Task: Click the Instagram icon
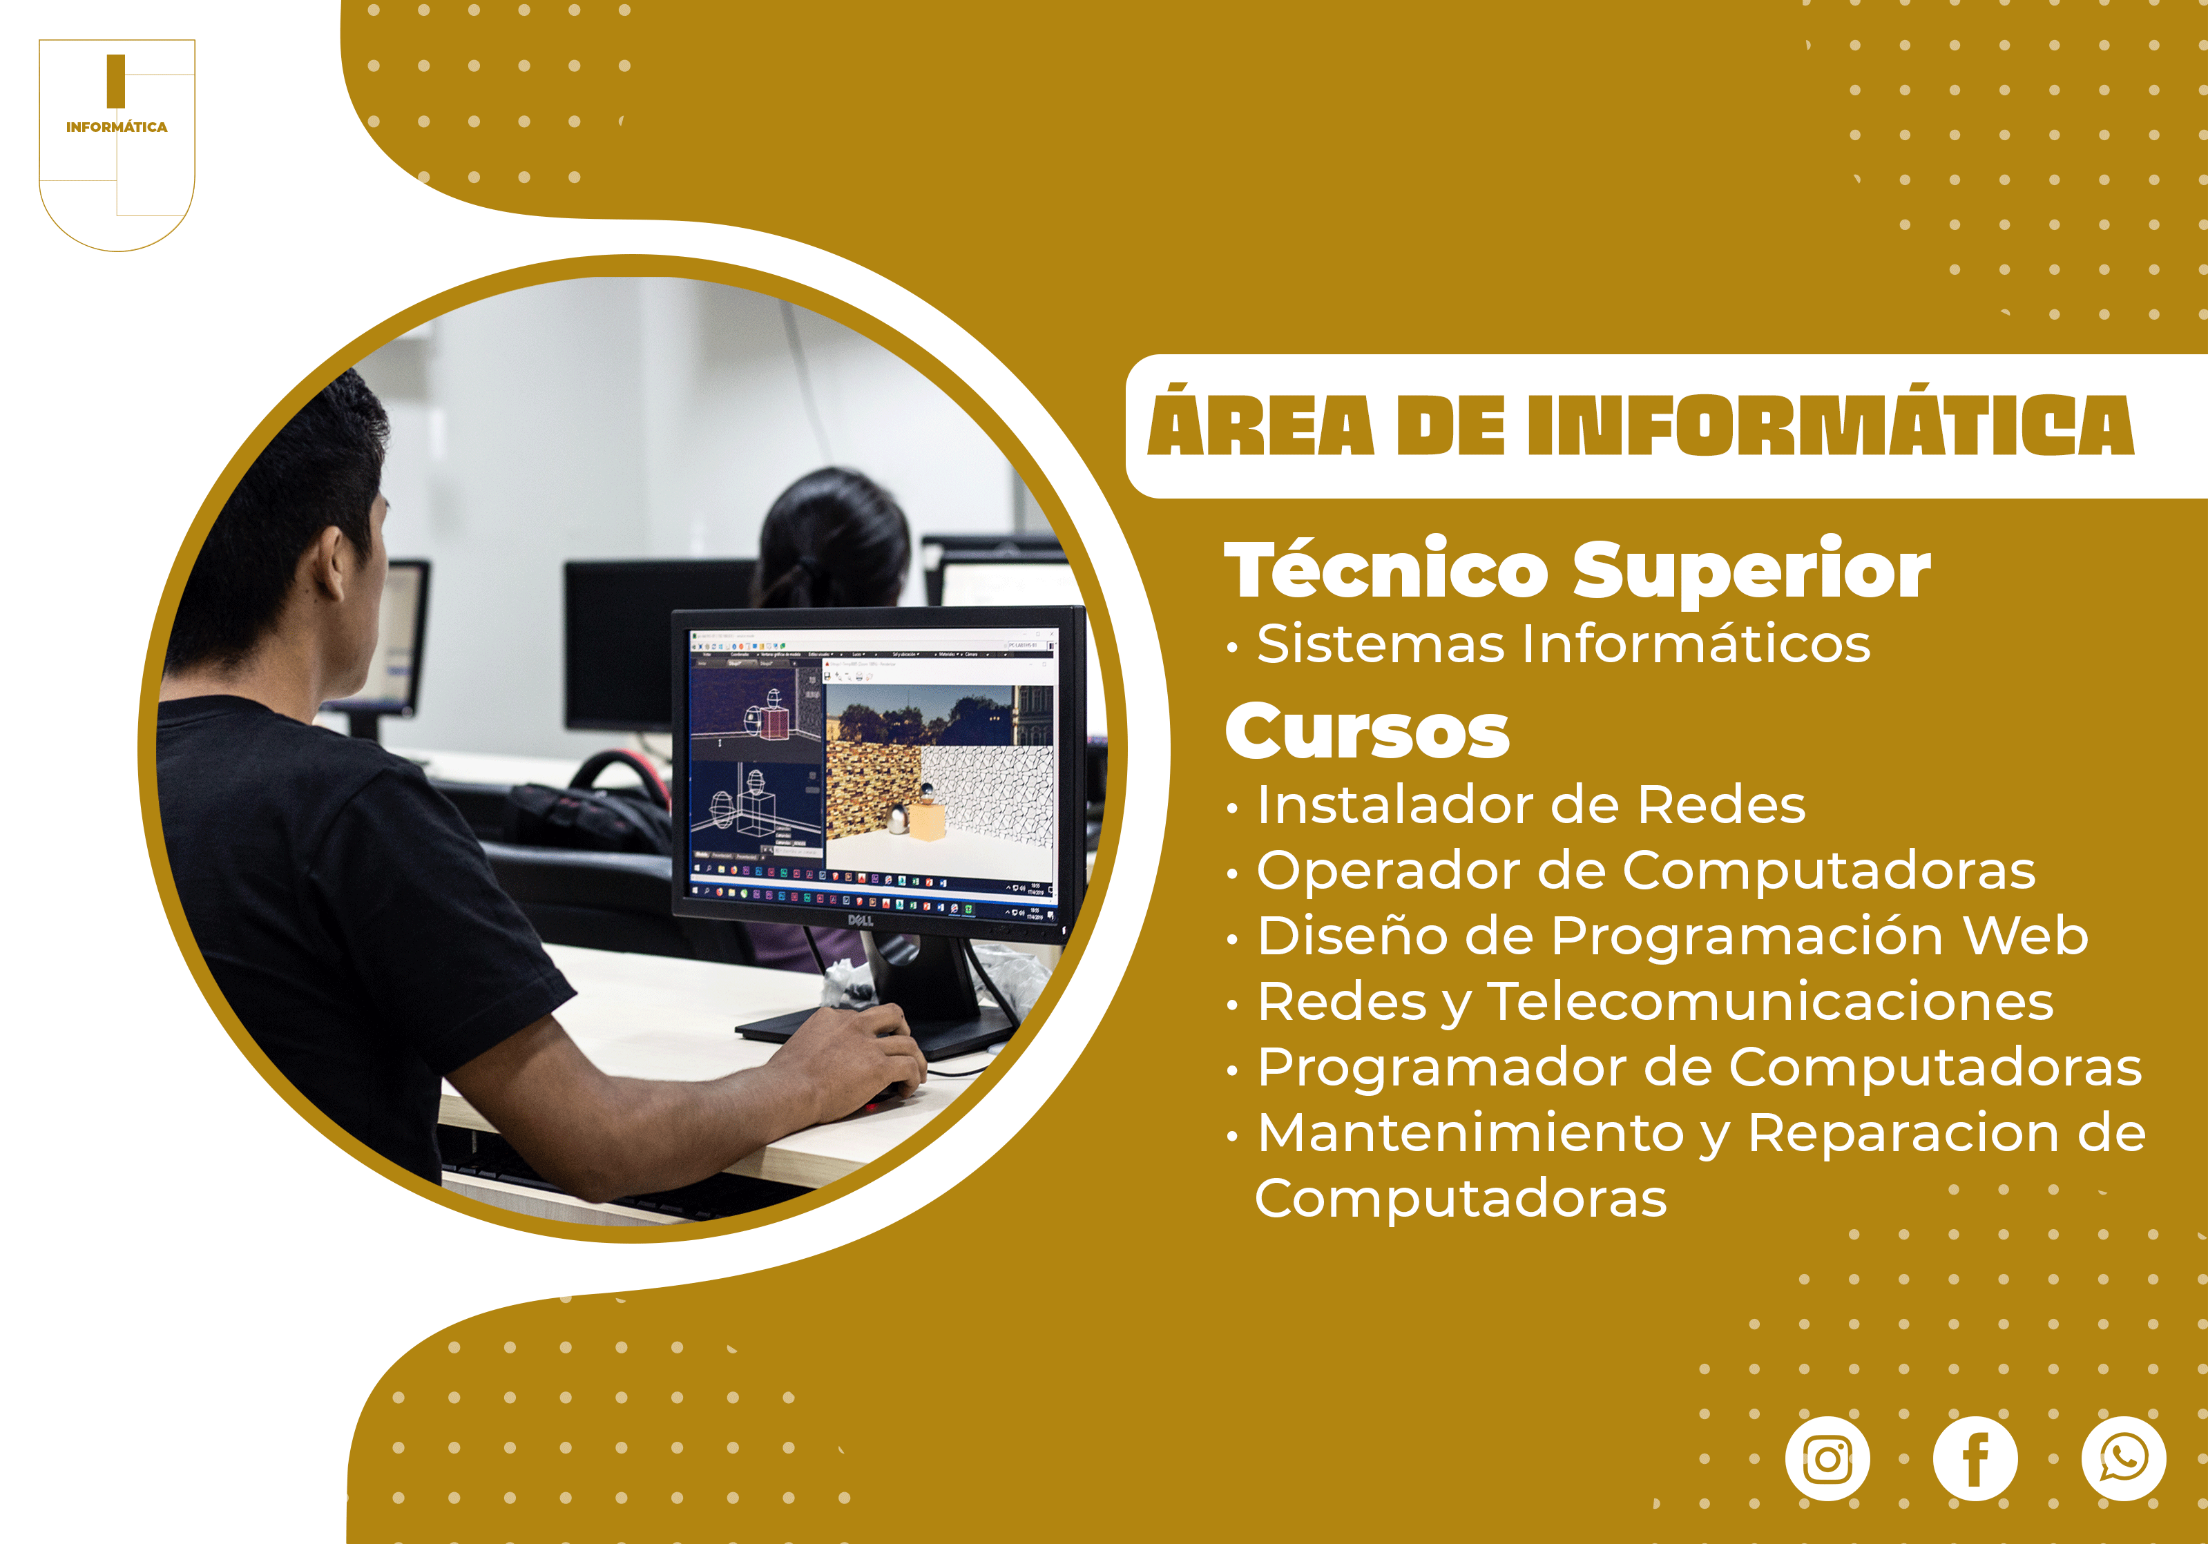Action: point(1827,1458)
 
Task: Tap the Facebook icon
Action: point(1975,1458)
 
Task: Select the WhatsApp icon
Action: point(2123,1458)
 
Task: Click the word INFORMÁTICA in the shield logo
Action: point(116,127)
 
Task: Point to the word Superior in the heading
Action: point(1751,570)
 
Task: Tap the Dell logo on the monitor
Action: point(860,920)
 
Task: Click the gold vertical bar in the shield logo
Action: point(115,81)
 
